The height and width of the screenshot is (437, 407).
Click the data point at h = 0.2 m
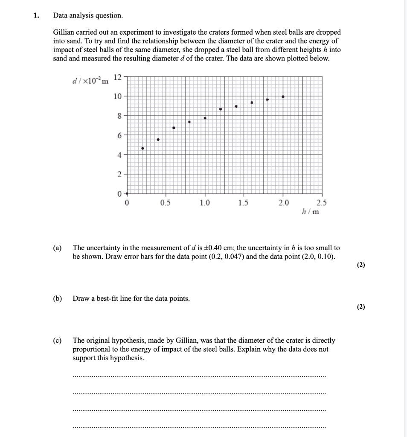coord(142,149)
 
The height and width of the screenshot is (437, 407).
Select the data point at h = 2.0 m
coord(283,97)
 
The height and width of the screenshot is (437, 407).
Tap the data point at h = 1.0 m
coord(205,118)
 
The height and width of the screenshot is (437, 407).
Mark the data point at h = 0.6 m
coord(174,128)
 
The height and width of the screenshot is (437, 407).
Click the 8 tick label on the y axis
coord(118,115)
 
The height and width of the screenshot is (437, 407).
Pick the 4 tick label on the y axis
coord(118,154)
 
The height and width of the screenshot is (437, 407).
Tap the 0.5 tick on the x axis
coord(166,203)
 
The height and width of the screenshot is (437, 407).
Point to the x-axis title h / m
coord(310,212)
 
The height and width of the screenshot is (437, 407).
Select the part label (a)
coord(57,248)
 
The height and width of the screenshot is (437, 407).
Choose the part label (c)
coord(57,341)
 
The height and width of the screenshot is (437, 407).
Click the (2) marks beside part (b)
coord(360,307)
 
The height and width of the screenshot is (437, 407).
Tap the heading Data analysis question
coord(87,16)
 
